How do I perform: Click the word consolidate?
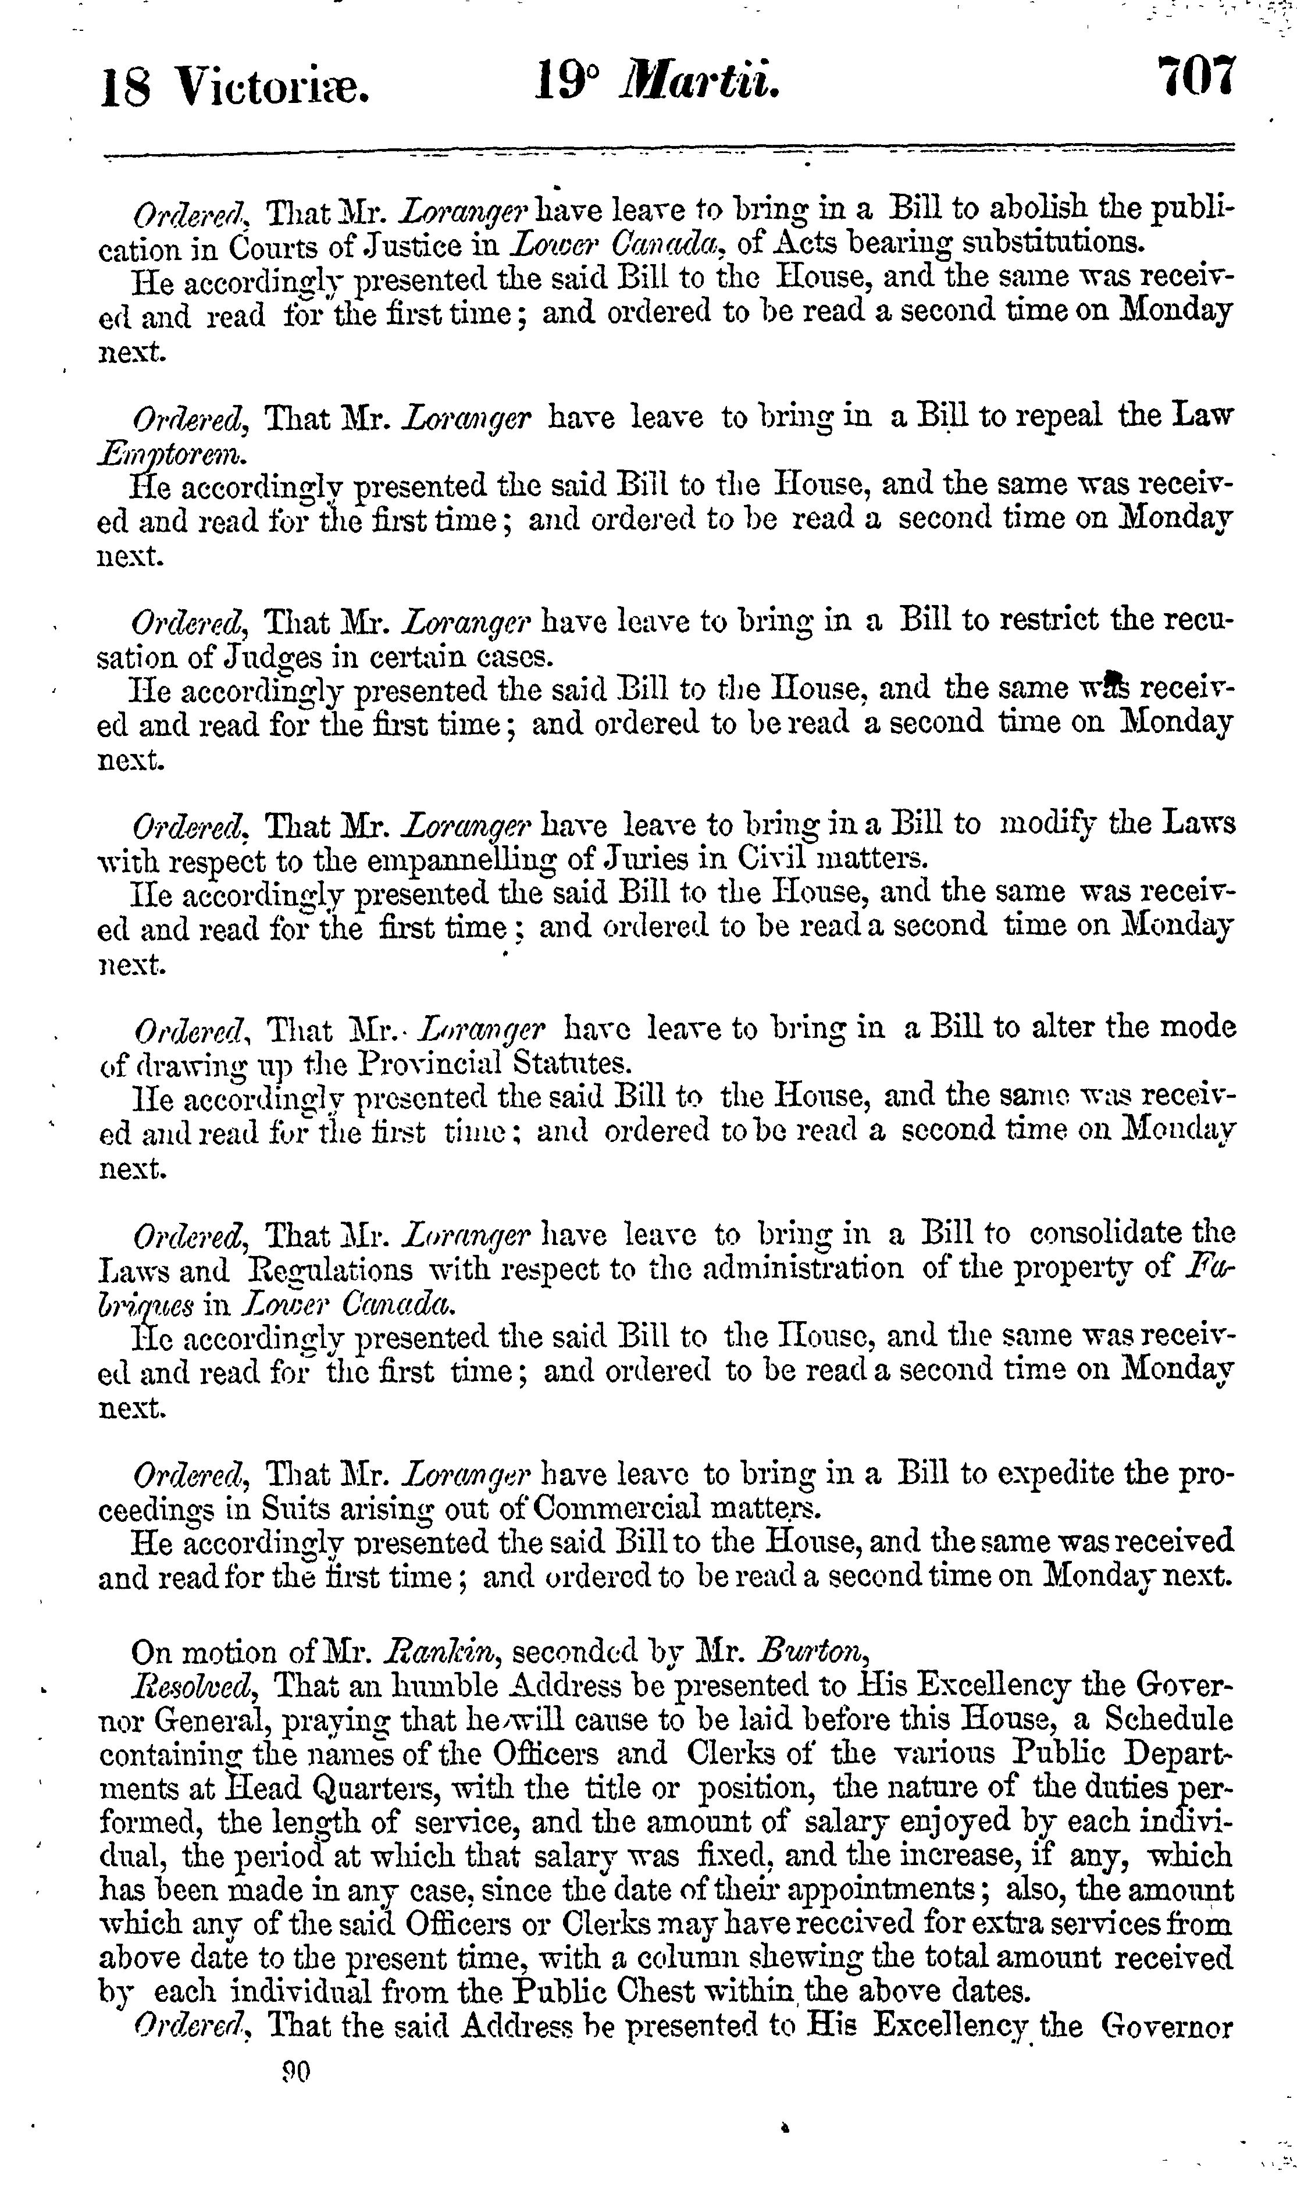pyautogui.click(x=1107, y=1233)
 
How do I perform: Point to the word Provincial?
pyautogui.click(x=430, y=1063)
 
